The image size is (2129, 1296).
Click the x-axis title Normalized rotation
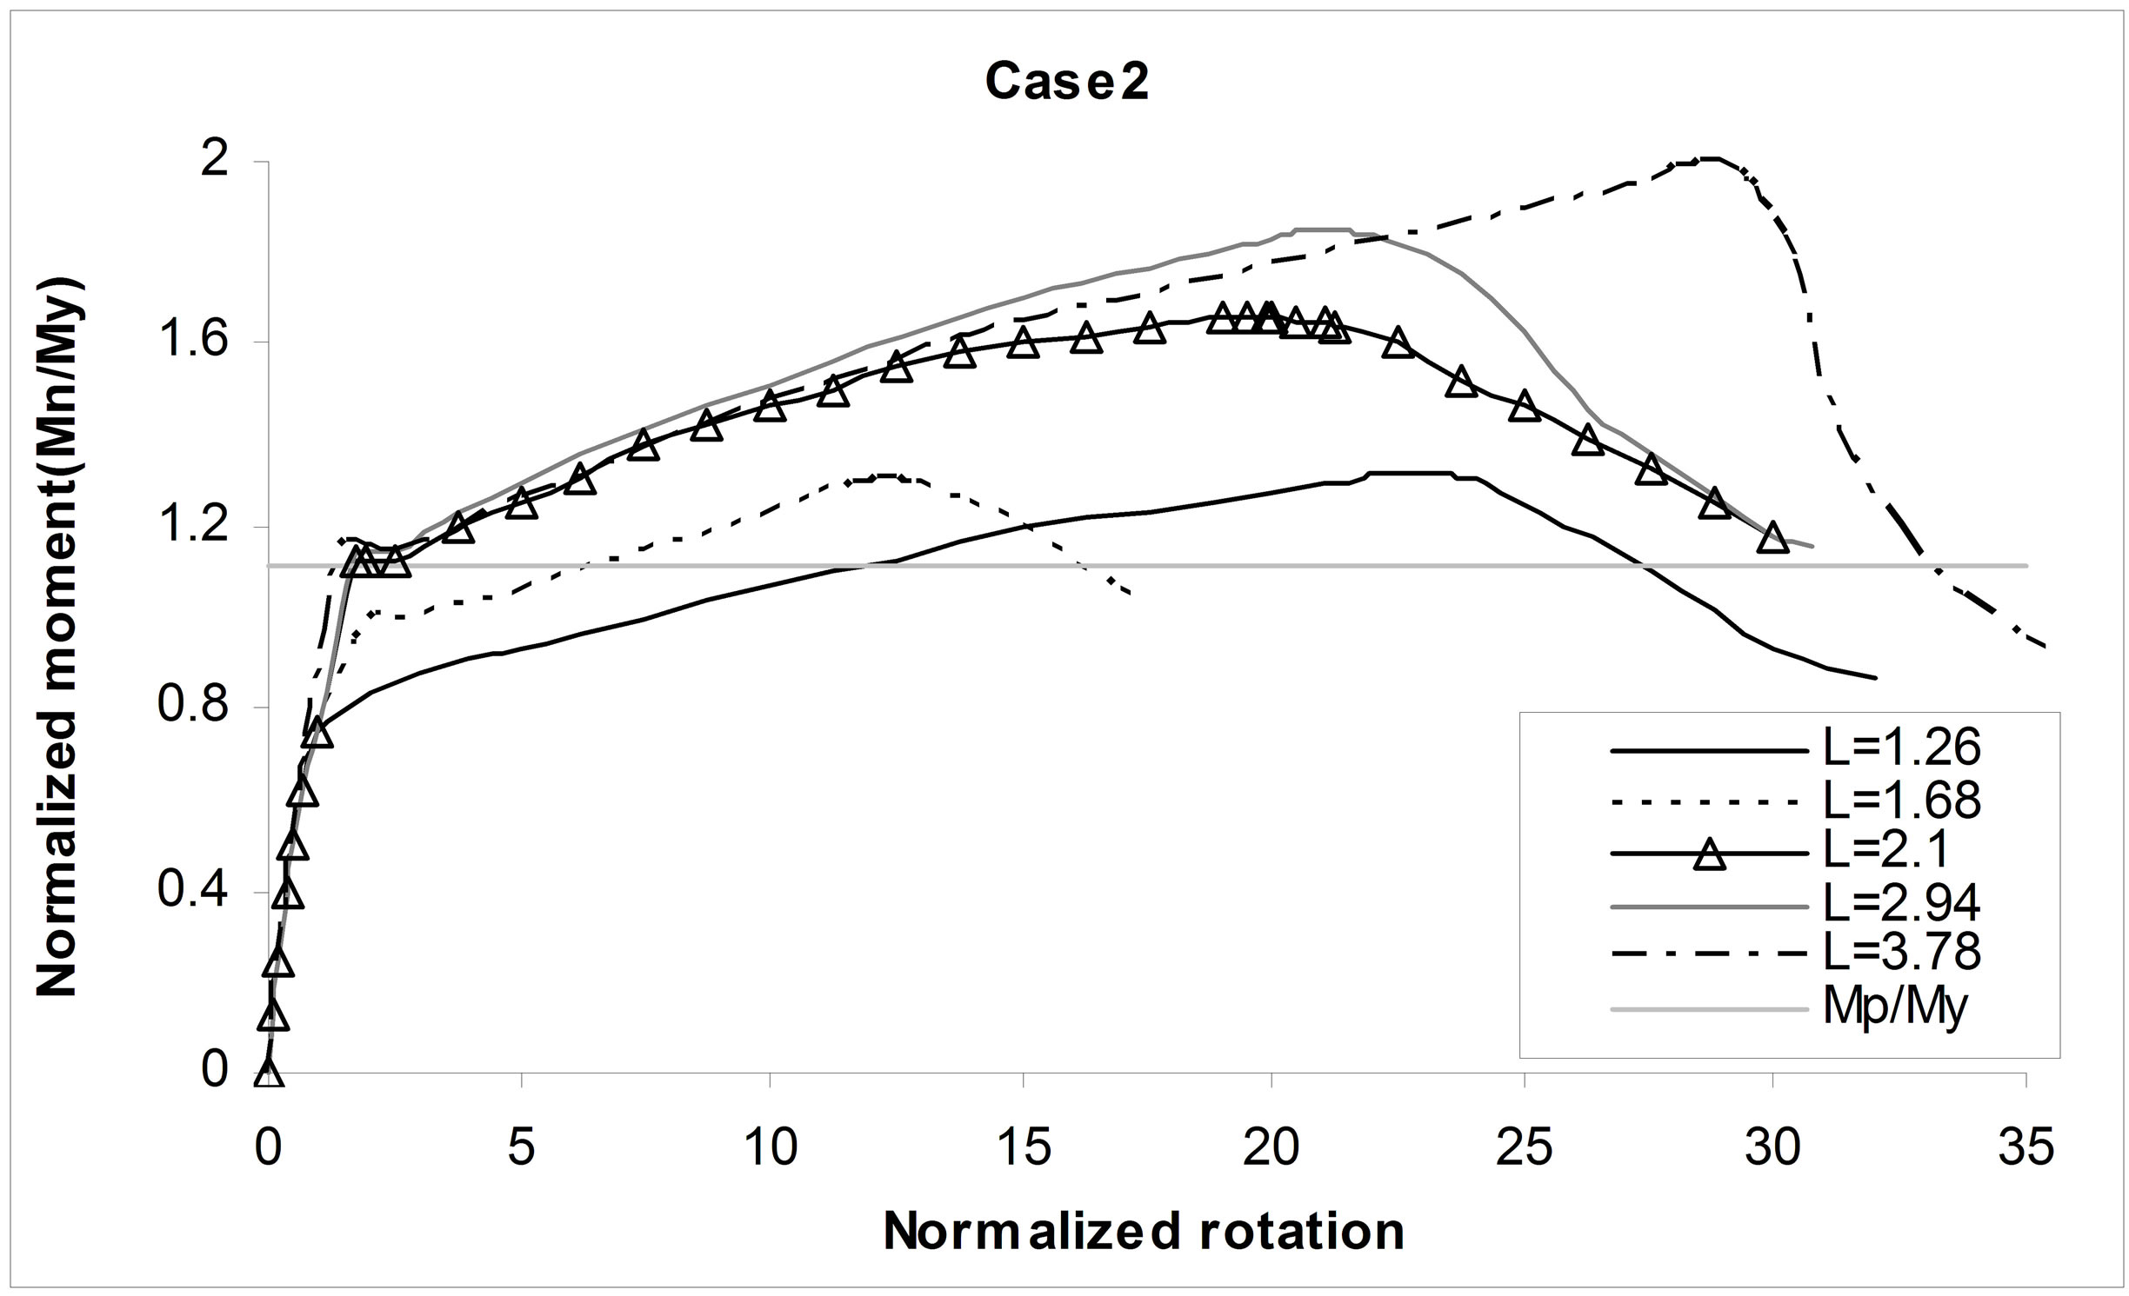pyautogui.click(x=1145, y=1232)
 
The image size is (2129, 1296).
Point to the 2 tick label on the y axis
pyautogui.click(x=214, y=162)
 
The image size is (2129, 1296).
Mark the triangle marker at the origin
pyautogui.click(x=269, y=1073)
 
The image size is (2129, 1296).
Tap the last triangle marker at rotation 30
pyautogui.click(x=1772, y=537)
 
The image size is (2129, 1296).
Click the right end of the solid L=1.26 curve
pyautogui.click(x=1875, y=677)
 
